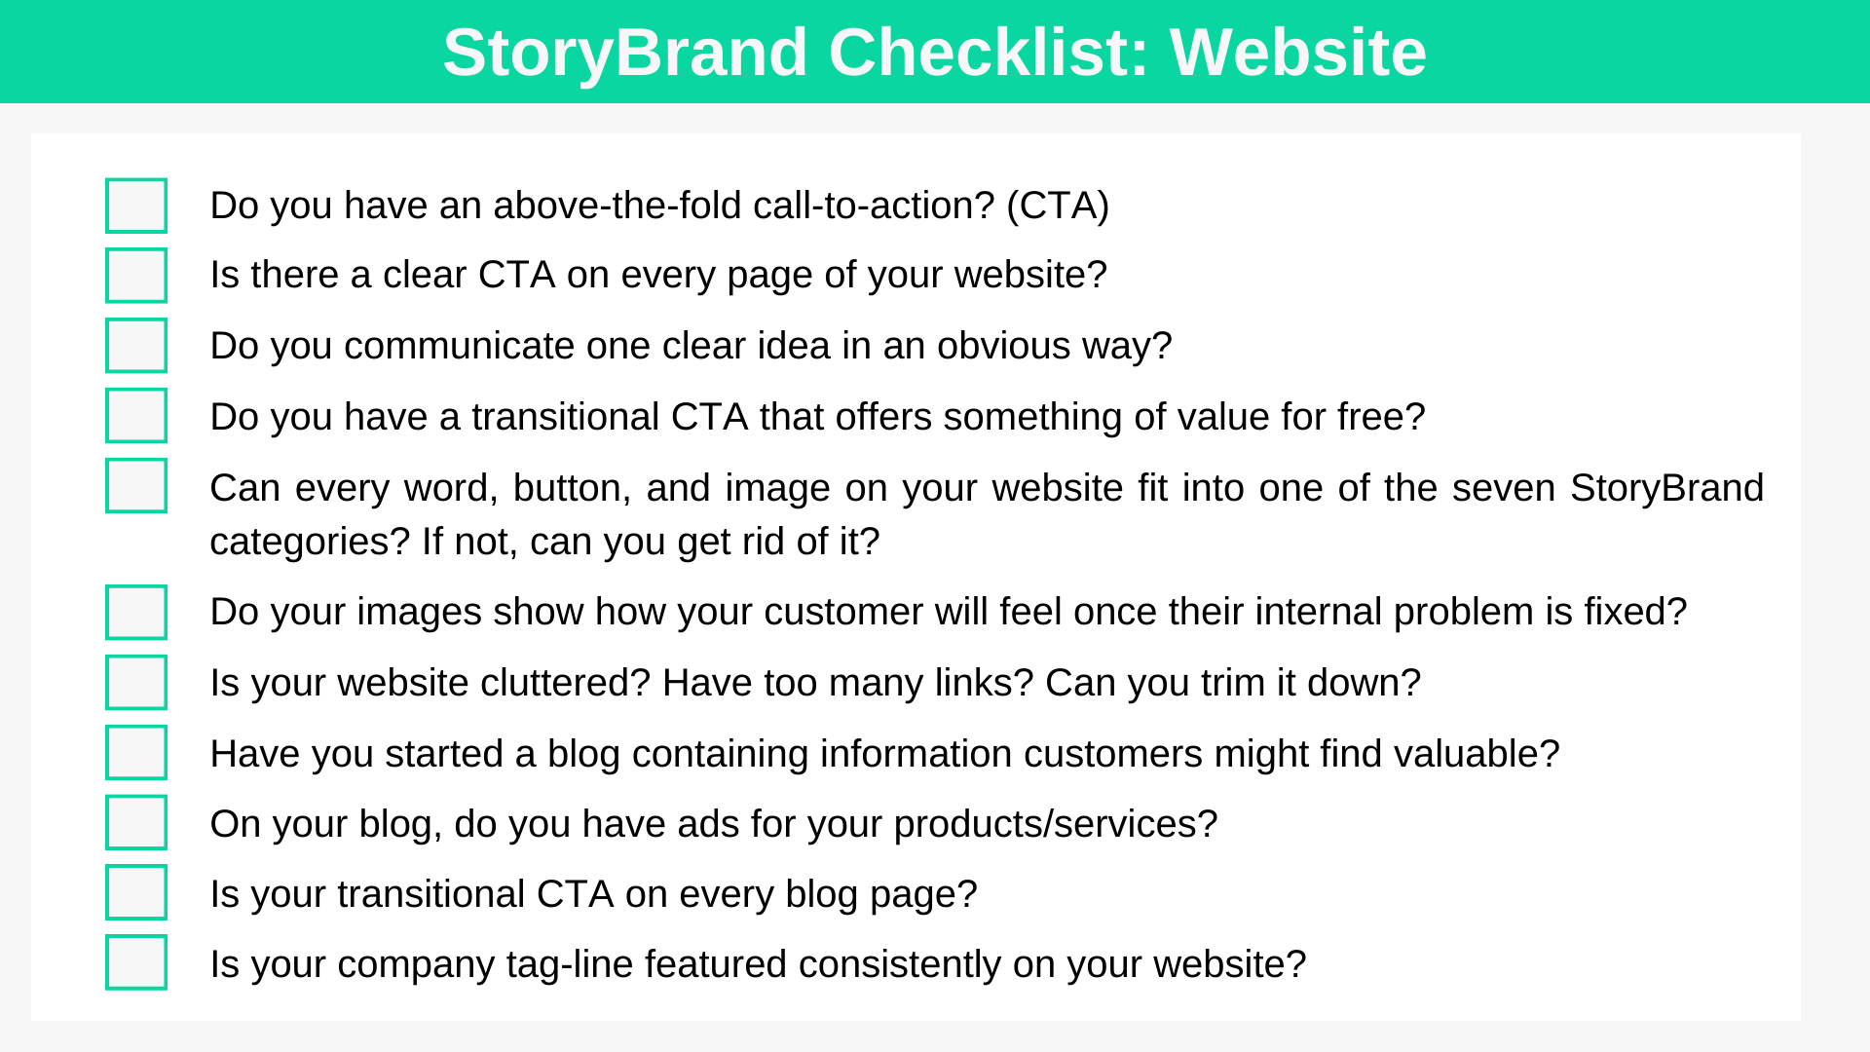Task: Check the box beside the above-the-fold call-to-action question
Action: point(136,206)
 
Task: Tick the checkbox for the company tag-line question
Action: point(136,962)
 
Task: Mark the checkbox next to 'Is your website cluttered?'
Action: point(136,682)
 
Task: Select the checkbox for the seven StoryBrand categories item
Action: point(136,485)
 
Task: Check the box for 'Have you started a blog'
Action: point(136,752)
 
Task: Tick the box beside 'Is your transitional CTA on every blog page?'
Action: point(136,892)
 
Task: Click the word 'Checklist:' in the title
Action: point(989,53)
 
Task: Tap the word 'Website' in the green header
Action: point(1297,53)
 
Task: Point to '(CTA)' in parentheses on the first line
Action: point(1057,206)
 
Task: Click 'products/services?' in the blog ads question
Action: point(1055,824)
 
